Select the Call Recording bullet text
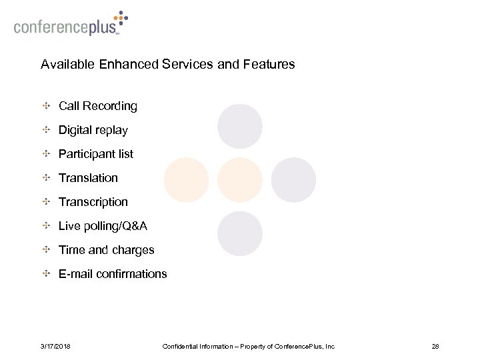98,106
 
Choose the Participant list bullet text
96,154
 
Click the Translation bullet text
88,178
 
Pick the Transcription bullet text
93,202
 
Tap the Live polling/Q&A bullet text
103,227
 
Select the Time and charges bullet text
107,251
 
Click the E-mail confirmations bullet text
113,275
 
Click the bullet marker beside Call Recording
46,106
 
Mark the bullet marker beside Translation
46,178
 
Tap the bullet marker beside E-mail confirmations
46,275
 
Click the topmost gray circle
240,126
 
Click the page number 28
437,347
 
